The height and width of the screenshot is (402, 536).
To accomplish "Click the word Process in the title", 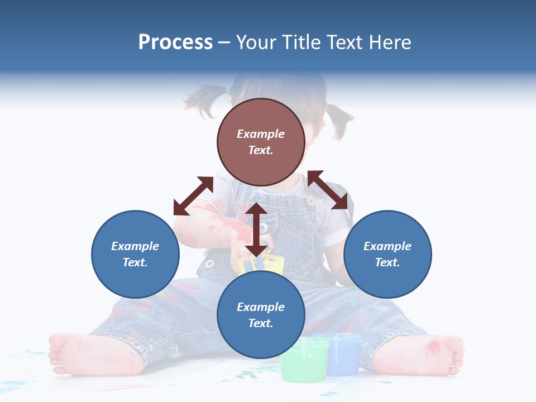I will coord(175,42).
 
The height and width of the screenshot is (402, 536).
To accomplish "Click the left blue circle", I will coord(135,254).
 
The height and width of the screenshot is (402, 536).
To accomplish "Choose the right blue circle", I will coord(387,254).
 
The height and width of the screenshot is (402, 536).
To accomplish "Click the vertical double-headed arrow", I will coord(256,229).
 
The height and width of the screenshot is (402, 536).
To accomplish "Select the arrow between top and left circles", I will coord(193,196).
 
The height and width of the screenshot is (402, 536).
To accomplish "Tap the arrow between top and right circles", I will coord(328,190).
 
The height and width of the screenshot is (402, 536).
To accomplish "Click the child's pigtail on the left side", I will coord(204,100).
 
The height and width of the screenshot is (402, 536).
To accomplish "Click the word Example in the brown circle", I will coord(261,134).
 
